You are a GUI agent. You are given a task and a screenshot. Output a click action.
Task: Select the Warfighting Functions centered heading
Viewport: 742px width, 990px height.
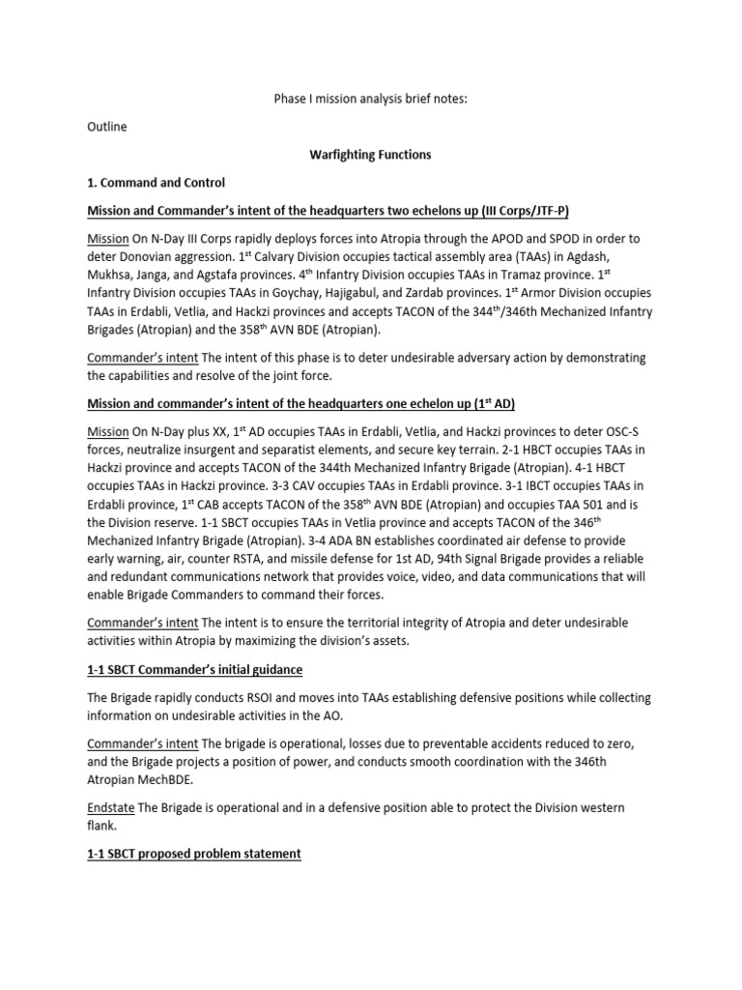point(370,154)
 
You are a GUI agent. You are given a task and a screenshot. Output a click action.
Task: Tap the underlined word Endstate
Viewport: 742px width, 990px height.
point(115,807)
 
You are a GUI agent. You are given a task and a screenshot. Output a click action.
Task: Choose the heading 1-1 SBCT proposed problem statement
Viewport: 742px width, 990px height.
point(194,854)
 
